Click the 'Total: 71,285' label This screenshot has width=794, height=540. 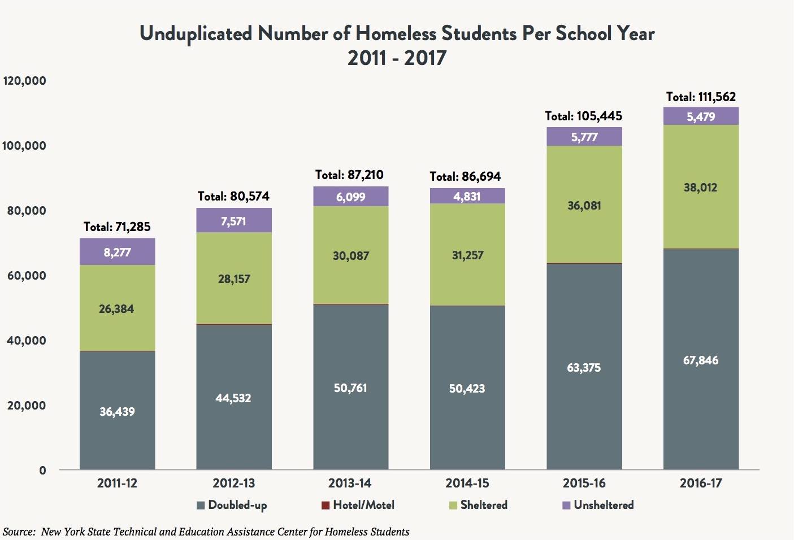(x=117, y=227)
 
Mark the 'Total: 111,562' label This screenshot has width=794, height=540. (x=701, y=97)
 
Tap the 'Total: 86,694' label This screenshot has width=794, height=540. (x=465, y=177)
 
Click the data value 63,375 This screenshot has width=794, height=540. (x=584, y=368)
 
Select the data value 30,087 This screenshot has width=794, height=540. (x=350, y=256)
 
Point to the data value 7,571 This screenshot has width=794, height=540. (x=233, y=221)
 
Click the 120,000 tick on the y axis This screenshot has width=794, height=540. (x=24, y=81)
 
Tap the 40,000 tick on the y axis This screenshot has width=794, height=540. (x=27, y=341)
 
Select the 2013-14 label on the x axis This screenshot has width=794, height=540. (x=350, y=484)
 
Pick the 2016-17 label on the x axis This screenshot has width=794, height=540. (x=701, y=484)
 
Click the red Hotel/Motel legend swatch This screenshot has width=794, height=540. (x=326, y=506)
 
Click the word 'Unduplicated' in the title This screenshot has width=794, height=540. (x=196, y=33)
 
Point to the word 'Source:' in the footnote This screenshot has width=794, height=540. (x=19, y=532)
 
